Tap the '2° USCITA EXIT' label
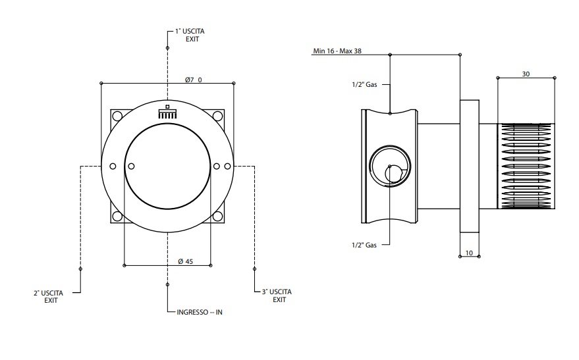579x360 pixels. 51,296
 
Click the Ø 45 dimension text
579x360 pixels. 185,261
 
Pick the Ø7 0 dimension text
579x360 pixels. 193,80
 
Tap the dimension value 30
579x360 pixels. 526,74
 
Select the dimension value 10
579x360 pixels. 468,253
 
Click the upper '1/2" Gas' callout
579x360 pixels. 362,84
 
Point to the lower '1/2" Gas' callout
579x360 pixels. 363,245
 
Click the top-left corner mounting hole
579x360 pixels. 117,116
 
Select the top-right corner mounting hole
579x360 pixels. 218,116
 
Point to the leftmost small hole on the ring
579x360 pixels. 112,166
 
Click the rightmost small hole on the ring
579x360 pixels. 227,166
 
